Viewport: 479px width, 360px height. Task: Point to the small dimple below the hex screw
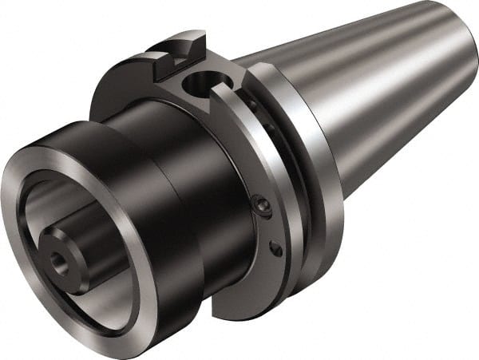click(275, 250)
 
